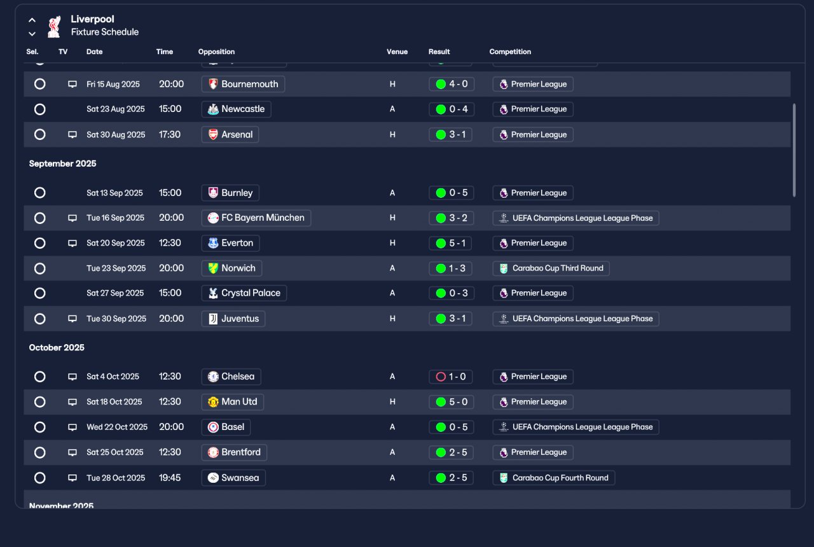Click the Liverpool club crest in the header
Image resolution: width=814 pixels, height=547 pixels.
[54, 27]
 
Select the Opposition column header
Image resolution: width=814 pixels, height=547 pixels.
[216, 52]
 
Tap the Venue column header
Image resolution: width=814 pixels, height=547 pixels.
[397, 52]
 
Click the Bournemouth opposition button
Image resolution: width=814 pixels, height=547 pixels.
[243, 84]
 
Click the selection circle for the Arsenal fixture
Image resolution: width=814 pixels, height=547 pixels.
[40, 134]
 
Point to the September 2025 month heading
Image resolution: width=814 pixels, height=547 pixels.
[62, 163]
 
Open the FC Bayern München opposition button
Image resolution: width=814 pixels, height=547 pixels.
[256, 218]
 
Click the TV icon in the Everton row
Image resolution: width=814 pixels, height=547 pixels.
[72, 243]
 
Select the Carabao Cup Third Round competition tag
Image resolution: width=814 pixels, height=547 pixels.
[551, 268]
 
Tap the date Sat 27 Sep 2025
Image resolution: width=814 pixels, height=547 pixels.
[115, 293]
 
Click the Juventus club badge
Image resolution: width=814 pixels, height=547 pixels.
[213, 319]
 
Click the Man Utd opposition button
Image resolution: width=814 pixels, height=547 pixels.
[233, 401]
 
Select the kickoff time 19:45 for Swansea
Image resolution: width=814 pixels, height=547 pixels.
[170, 478]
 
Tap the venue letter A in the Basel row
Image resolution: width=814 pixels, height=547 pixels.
[392, 427]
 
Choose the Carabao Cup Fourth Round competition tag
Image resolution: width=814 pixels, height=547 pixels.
[554, 478]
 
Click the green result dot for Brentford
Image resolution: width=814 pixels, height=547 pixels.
[441, 452]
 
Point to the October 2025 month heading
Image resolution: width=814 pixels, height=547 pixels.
[57, 347]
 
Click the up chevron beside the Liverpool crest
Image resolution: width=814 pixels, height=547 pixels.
[32, 20]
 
